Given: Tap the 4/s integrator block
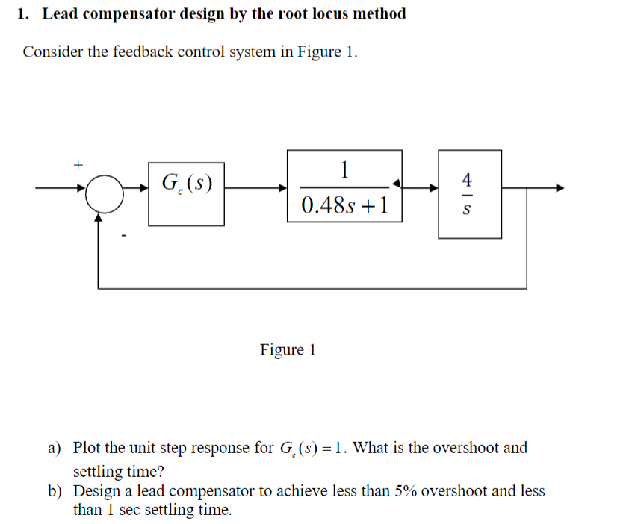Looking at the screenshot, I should pyautogui.click(x=469, y=194).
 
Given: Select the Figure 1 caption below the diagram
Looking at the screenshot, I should pyautogui.click(x=288, y=349).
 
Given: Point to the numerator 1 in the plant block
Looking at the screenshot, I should pyautogui.click(x=344, y=170).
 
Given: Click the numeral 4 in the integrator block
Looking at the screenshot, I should pyautogui.click(x=468, y=179).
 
